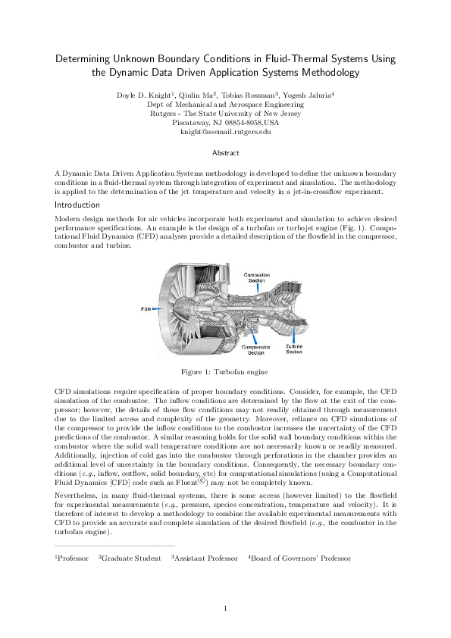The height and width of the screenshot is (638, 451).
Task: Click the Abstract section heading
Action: [225, 153]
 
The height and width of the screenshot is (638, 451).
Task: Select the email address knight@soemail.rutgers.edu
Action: [225, 132]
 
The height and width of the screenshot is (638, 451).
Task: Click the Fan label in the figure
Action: [148, 308]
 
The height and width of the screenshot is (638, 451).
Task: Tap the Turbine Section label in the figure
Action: [294, 349]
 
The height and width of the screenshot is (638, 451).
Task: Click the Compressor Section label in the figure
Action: [256, 349]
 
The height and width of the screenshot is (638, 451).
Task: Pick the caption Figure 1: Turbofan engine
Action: [225, 372]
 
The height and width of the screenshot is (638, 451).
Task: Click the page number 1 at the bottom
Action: [225, 609]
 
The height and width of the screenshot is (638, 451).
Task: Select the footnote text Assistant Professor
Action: [206, 558]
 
